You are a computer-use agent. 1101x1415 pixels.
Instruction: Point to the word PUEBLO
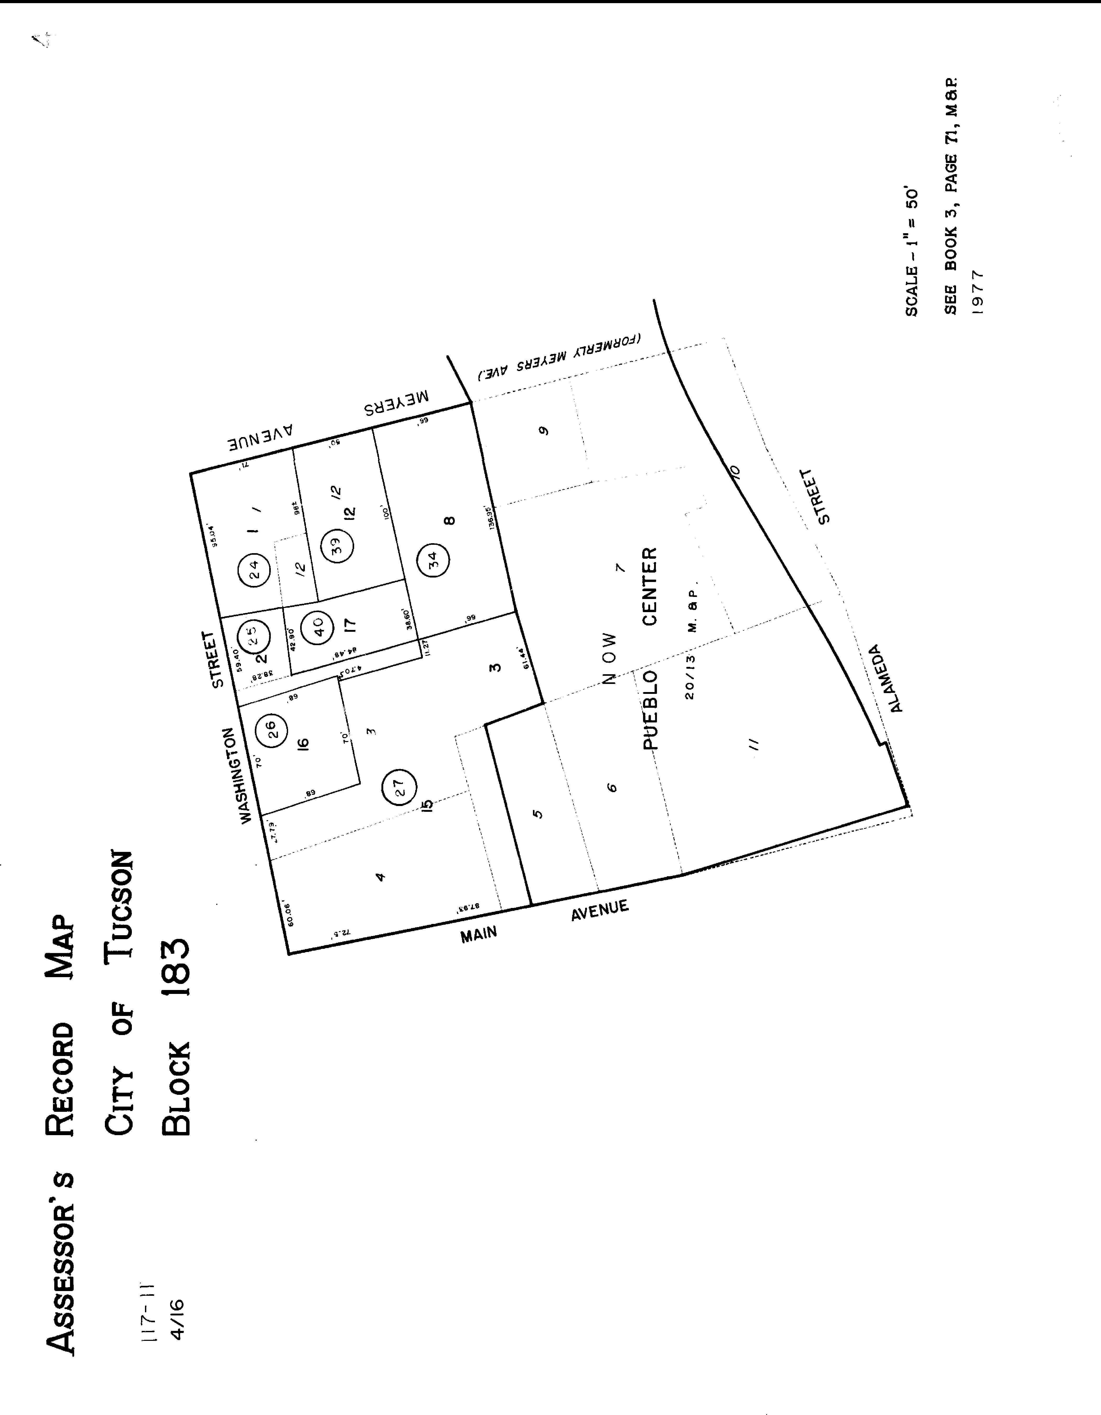tap(650, 709)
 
